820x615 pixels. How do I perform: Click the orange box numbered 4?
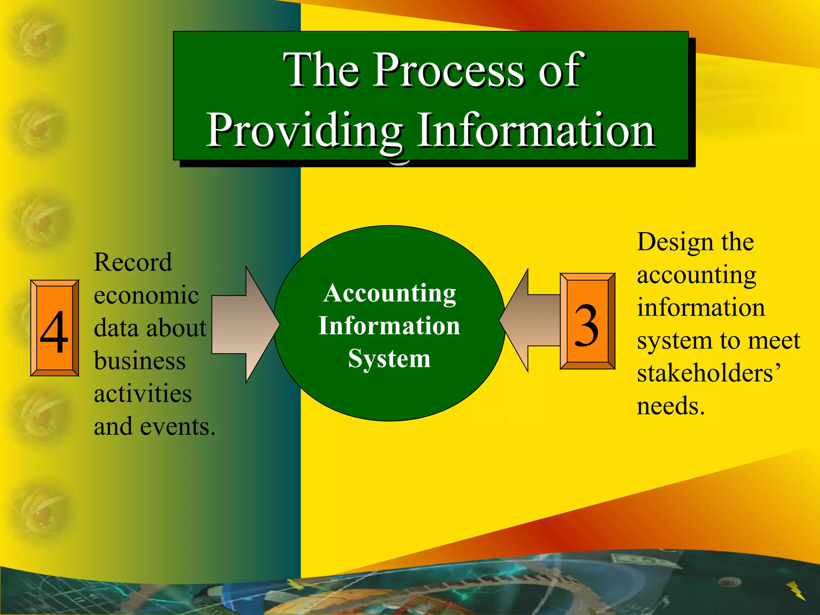54,328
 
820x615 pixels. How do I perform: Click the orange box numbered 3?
587,321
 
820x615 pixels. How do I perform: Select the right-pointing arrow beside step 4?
244,324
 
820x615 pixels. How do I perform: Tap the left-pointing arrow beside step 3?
529,320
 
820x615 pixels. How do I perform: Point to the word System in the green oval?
389,358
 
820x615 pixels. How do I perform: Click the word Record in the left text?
133,262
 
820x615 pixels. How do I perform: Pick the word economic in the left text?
146,295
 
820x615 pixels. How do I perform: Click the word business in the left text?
140,361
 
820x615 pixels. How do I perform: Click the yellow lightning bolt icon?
796,591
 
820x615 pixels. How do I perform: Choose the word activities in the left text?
143,394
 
